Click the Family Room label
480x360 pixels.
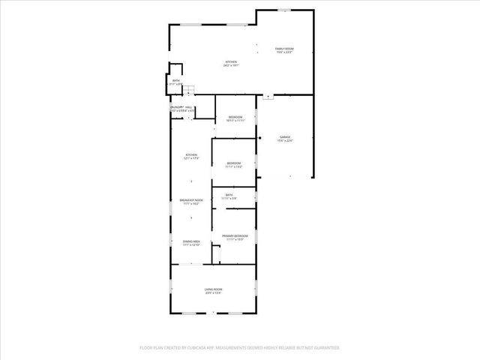[284, 49]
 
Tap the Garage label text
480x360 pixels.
[285, 136]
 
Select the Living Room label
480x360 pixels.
[214, 289]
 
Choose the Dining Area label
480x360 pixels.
[191, 241]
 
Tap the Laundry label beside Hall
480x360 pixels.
[176, 108]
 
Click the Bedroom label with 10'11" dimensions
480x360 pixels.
[235, 118]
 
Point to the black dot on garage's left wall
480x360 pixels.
[259, 137]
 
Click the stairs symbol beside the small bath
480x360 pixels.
[190, 91]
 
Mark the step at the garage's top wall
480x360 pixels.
[268, 97]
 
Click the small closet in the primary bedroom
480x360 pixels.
[215, 255]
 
